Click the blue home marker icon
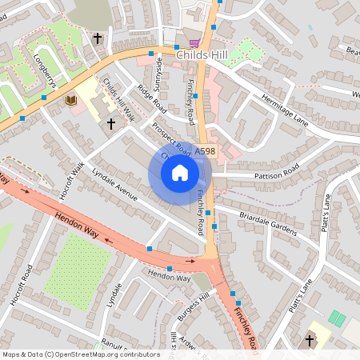click(180, 172)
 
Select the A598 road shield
click(205, 150)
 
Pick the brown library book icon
click(70, 100)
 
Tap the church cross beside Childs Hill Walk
click(111, 124)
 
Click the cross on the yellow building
click(310, 340)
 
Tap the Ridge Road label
click(150, 98)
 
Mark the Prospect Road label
click(171, 139)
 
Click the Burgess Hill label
click(193, 305)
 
